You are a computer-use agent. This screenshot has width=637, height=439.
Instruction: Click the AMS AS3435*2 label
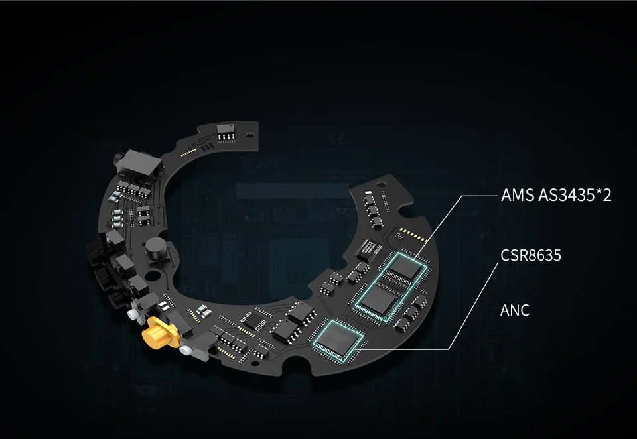[555, 196]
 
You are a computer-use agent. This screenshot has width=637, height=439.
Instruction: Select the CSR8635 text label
[530, 255]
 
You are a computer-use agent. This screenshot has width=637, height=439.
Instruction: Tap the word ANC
[515, 310]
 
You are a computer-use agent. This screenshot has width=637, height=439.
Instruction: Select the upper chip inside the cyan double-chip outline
[406, 268]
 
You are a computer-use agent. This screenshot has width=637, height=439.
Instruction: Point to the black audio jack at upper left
[138, 161]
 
